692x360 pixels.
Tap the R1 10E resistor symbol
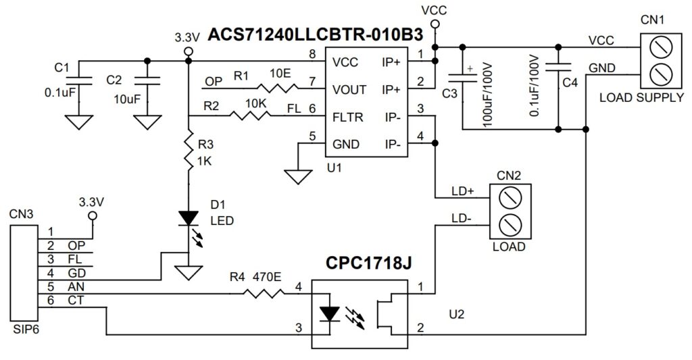[x=276, y=88]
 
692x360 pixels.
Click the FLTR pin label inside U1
[x=349, y=117]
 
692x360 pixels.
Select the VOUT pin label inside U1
[x=349, y=89]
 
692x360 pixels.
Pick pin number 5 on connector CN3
[x=49, y=286]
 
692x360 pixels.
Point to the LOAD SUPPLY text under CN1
[x=641, y=98]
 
